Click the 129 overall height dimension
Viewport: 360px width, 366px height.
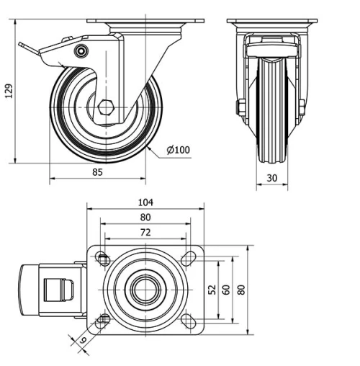[x=9, y=91]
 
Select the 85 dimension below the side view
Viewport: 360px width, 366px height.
[x=98, y=172]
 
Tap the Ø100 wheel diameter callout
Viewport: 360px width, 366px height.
[x=178, y=150]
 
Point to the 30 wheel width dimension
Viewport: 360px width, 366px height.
[x=271, y=177]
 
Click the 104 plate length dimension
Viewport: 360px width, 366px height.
[x=145, y=203]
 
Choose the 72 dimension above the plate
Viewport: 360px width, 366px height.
[x=145, y=233]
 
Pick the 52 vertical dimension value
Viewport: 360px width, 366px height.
[x=212, y=289]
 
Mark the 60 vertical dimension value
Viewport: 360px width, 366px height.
[x=226, y=289]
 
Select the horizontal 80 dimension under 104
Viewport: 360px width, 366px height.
[x=145, y=218]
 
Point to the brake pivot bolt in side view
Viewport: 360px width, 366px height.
[x=81, y=51]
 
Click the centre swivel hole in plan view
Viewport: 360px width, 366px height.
[x=145, y=290]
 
